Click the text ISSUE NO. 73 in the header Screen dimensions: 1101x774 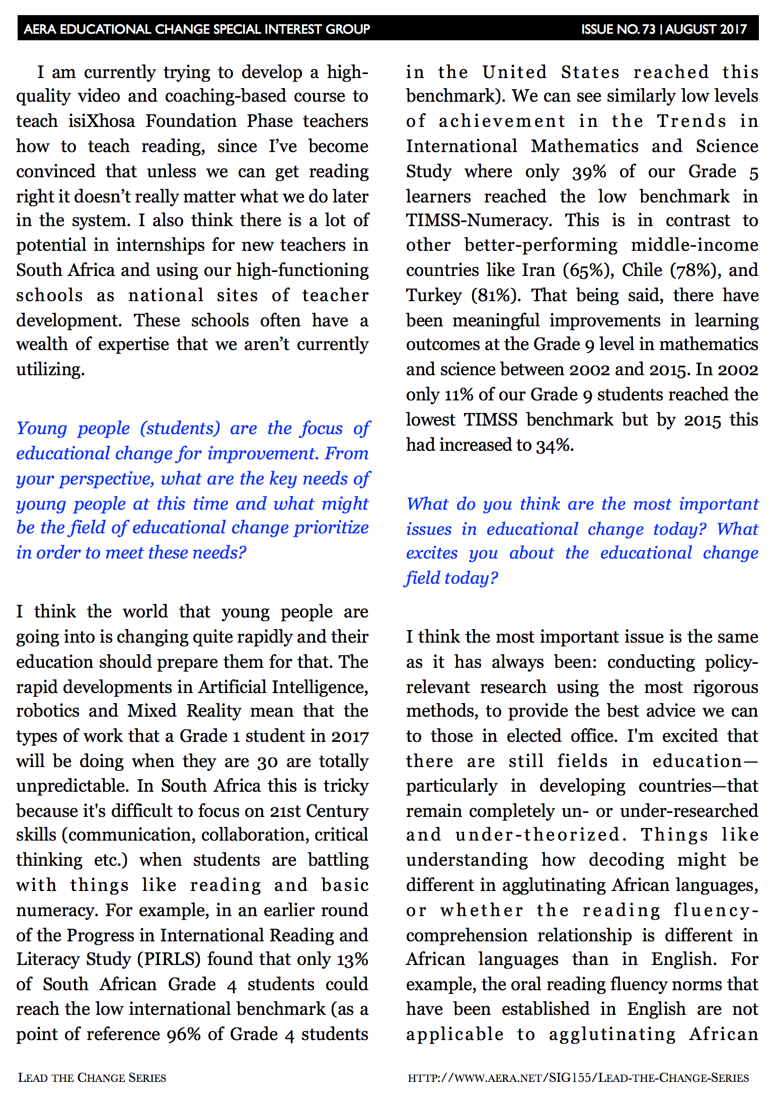pyautogui.click(x=618, y=29)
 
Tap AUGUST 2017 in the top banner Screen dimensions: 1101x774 pyautogui.click(x=706, y=29)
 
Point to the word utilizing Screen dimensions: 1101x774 pyautogui.click(x=50, y=370)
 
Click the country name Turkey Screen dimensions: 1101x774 pyautogui.click(x=433, y=296)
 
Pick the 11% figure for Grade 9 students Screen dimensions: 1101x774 pyautogui.click(x=458, y=395)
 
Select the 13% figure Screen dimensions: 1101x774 pyautogui.click(x=352, y=959)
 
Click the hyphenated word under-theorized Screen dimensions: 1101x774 pyautogui.click(x=537, y=835)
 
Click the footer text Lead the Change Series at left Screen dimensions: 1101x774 pyautogui.click(x=92, y=1078)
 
